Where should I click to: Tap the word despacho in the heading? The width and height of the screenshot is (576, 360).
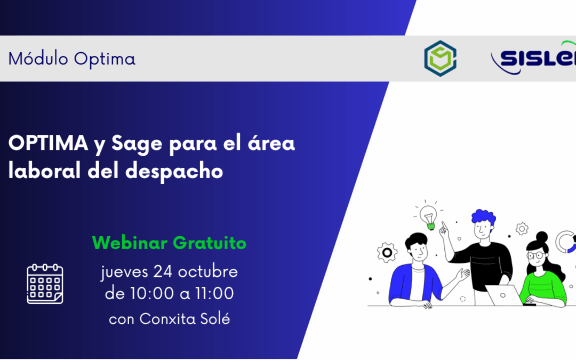tap(174, 172)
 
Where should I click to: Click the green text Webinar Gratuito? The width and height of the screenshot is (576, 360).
tap(169, 243)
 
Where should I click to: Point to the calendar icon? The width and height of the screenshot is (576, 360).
tap(45, 284)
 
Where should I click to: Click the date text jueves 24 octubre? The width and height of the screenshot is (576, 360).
tap(169, 271)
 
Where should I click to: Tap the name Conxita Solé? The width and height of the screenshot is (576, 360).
tap(185, 319)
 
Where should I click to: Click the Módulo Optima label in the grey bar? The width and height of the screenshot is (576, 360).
tap(72, 59)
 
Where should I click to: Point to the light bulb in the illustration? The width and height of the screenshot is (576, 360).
tap(428, 217)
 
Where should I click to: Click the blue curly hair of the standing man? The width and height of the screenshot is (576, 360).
tap(483, 218)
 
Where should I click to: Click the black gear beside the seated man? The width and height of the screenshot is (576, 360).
tap(387, 252)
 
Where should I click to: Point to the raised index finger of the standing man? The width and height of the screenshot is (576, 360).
tap(442, 226)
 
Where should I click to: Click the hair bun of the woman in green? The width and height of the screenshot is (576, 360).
tap(542, 236)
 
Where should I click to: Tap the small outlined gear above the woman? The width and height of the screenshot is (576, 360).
tap(522, 229)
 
